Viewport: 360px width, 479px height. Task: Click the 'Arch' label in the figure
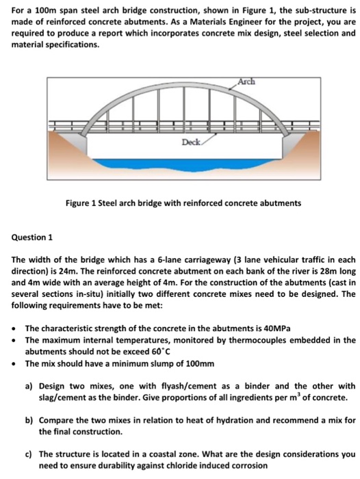tap(246, 82)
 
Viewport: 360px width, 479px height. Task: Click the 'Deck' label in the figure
tap(192, 142)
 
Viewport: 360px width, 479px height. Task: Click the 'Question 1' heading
tap(31, 237)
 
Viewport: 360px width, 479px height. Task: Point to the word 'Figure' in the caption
tap(78, 203)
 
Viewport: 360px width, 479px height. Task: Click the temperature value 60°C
tap(161, 352)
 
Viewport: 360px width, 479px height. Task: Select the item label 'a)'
tap(29, 387)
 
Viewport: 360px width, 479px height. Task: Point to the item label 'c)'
tap(29, 454)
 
